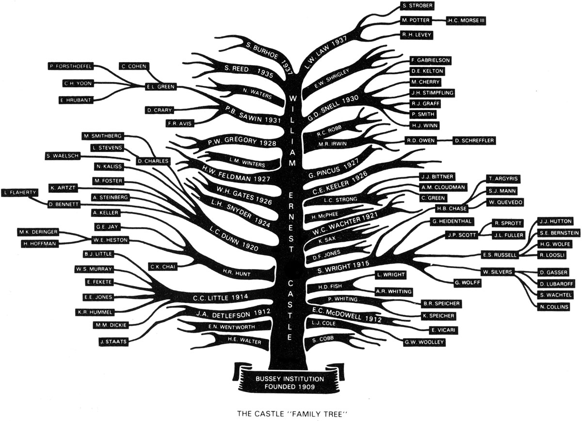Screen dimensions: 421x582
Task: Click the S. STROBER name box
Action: [417, 6]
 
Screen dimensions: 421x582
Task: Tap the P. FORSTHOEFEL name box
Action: [70, 66]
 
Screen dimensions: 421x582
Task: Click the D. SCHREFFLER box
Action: [474, 141]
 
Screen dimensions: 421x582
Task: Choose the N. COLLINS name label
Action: [553, 307]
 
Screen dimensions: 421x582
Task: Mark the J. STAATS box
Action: [113, 342]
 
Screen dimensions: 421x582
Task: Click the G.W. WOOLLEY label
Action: [423, 342]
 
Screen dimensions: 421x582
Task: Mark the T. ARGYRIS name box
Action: [502, 179]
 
